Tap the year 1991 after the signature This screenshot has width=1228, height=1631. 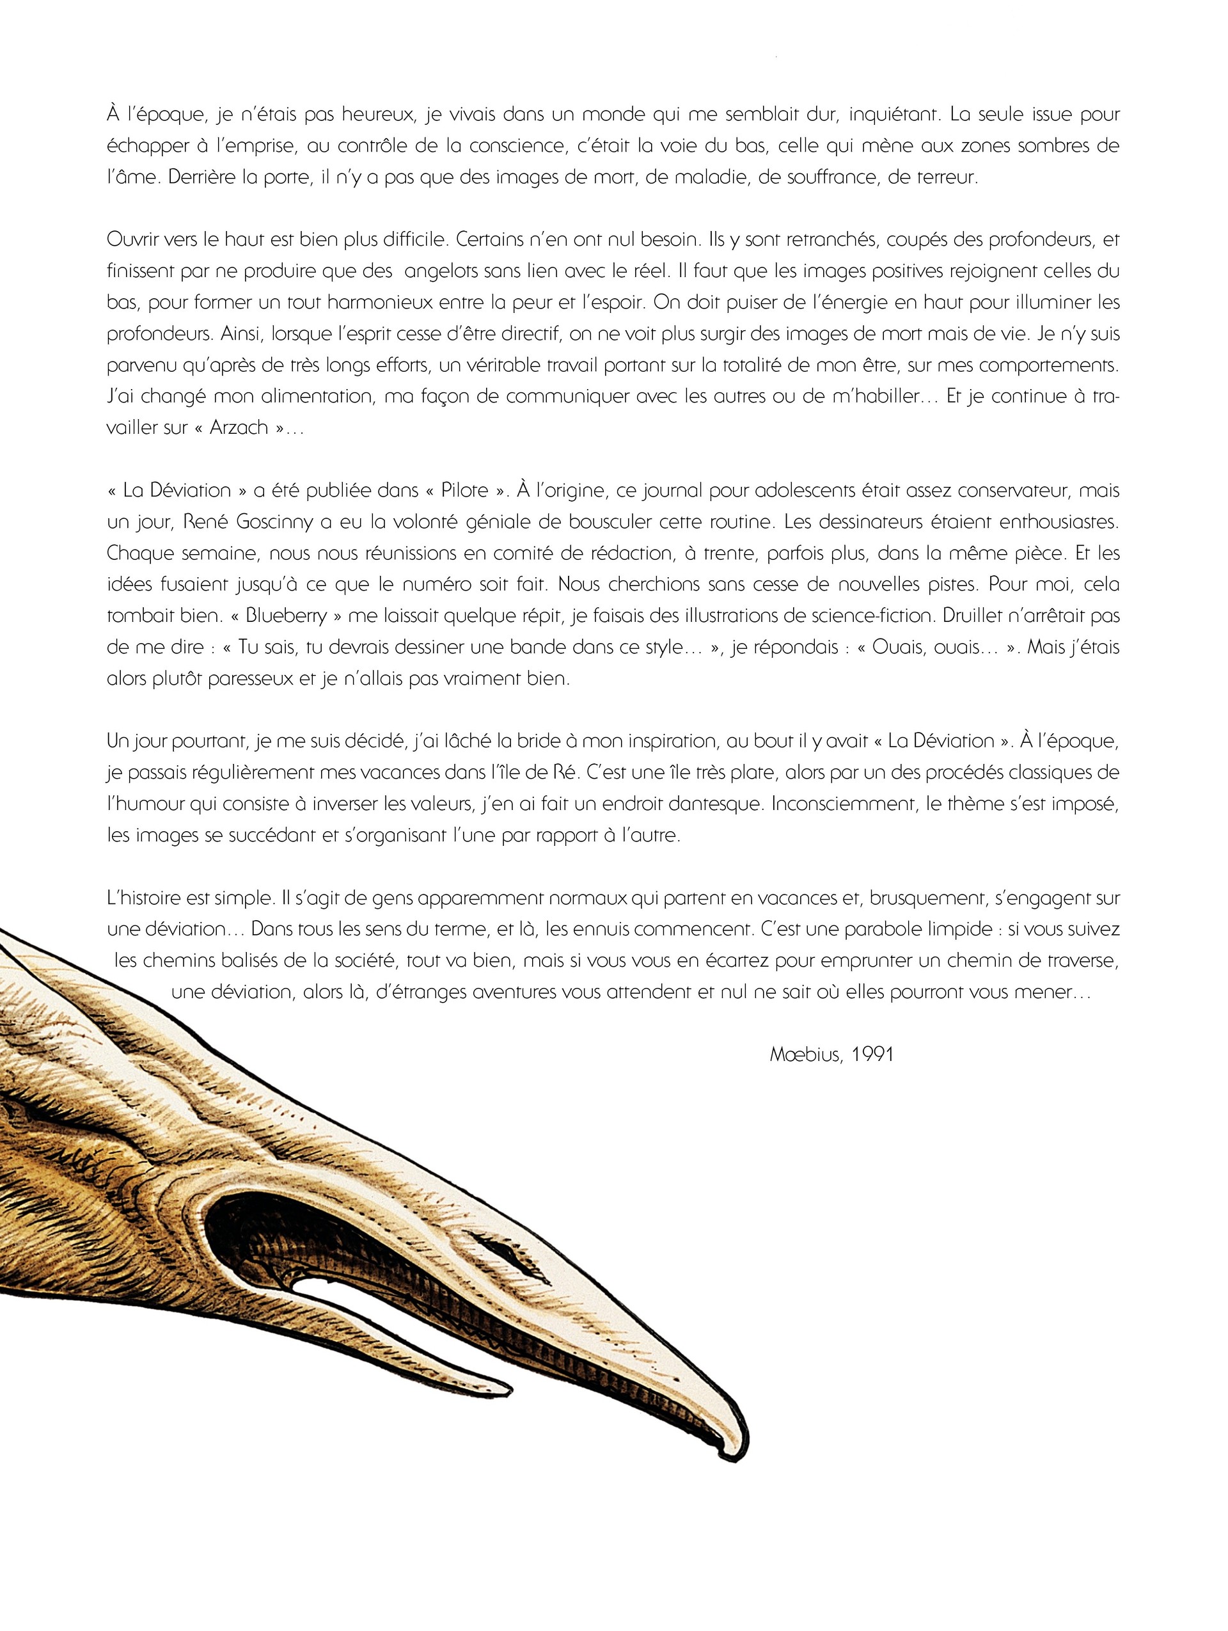pyautogui.click(x=872, y=1054)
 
